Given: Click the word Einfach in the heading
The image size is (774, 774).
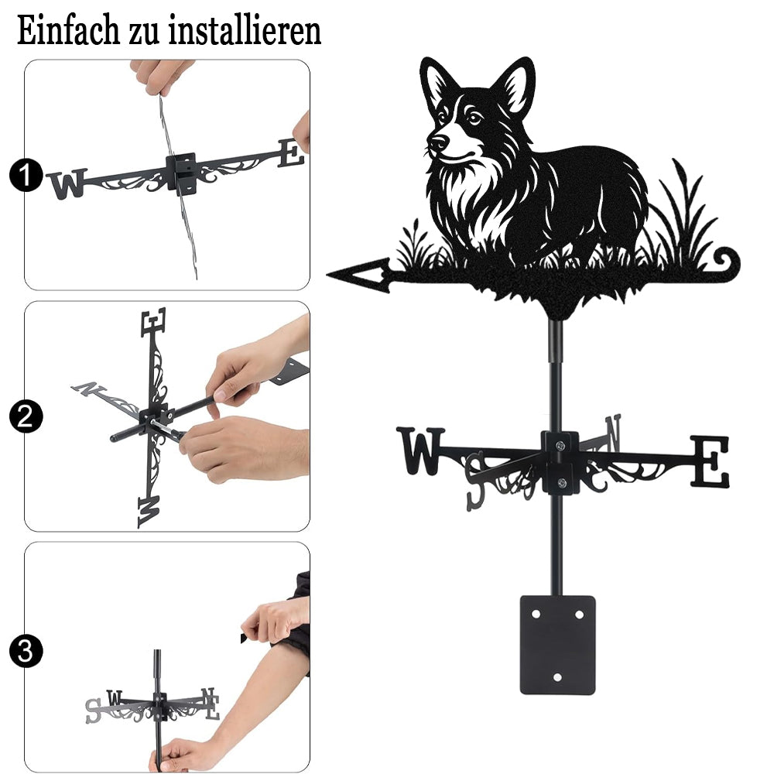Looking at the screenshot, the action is click(x=69, y=31).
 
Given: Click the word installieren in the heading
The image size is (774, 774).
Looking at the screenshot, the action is click(x=245, y=31).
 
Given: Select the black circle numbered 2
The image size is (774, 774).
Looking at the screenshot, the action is click(x=26, y=416).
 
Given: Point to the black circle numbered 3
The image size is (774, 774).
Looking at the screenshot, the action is click(x=26, y=651).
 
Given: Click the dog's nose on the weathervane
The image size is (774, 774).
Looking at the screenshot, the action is click(x=438, y=142).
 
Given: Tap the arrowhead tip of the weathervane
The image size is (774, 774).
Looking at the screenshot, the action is click(x=327, y=273).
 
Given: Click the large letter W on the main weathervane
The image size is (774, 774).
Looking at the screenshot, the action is click(x=420, y=450).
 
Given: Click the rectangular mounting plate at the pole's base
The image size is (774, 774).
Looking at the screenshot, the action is click(x=558, y=645).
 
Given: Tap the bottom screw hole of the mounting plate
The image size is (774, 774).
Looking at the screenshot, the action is click(x=557, y=677).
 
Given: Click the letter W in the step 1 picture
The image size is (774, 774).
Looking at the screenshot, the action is click(x=68, y=183).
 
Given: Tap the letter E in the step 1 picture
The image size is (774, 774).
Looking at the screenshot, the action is click(x=291, y=152).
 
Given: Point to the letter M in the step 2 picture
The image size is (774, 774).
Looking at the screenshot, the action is click(x=149, y=512).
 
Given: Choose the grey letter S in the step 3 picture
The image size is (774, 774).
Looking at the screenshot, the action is click(x=94, y=711).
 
